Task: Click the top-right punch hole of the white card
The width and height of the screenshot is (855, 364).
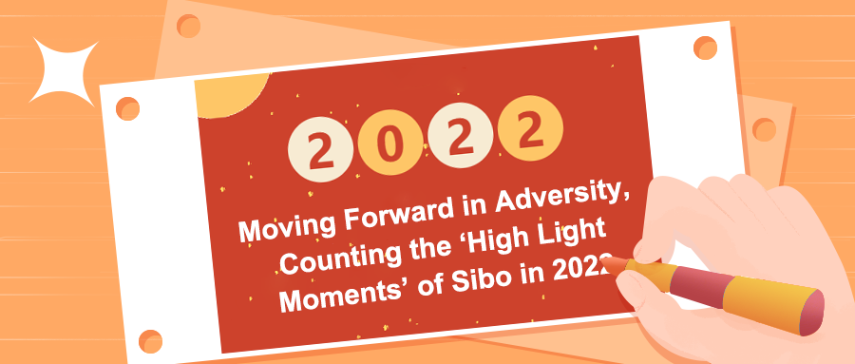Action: pos(705,46)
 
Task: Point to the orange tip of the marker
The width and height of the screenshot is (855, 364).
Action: pos(617,263)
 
